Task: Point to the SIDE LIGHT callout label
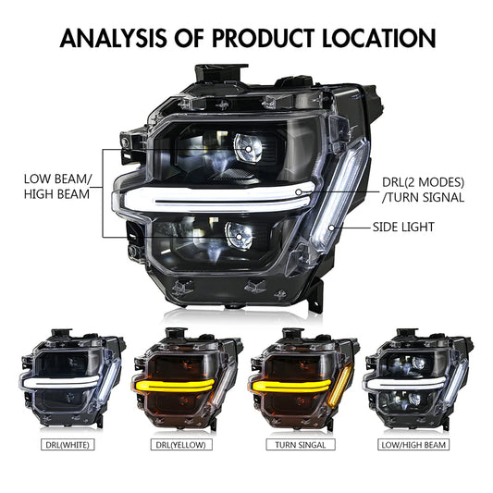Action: pos(416,226)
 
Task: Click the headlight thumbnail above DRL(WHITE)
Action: pos(67,379)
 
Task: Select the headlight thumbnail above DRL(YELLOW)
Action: pos(186,379)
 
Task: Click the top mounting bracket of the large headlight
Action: pos(223,73)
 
